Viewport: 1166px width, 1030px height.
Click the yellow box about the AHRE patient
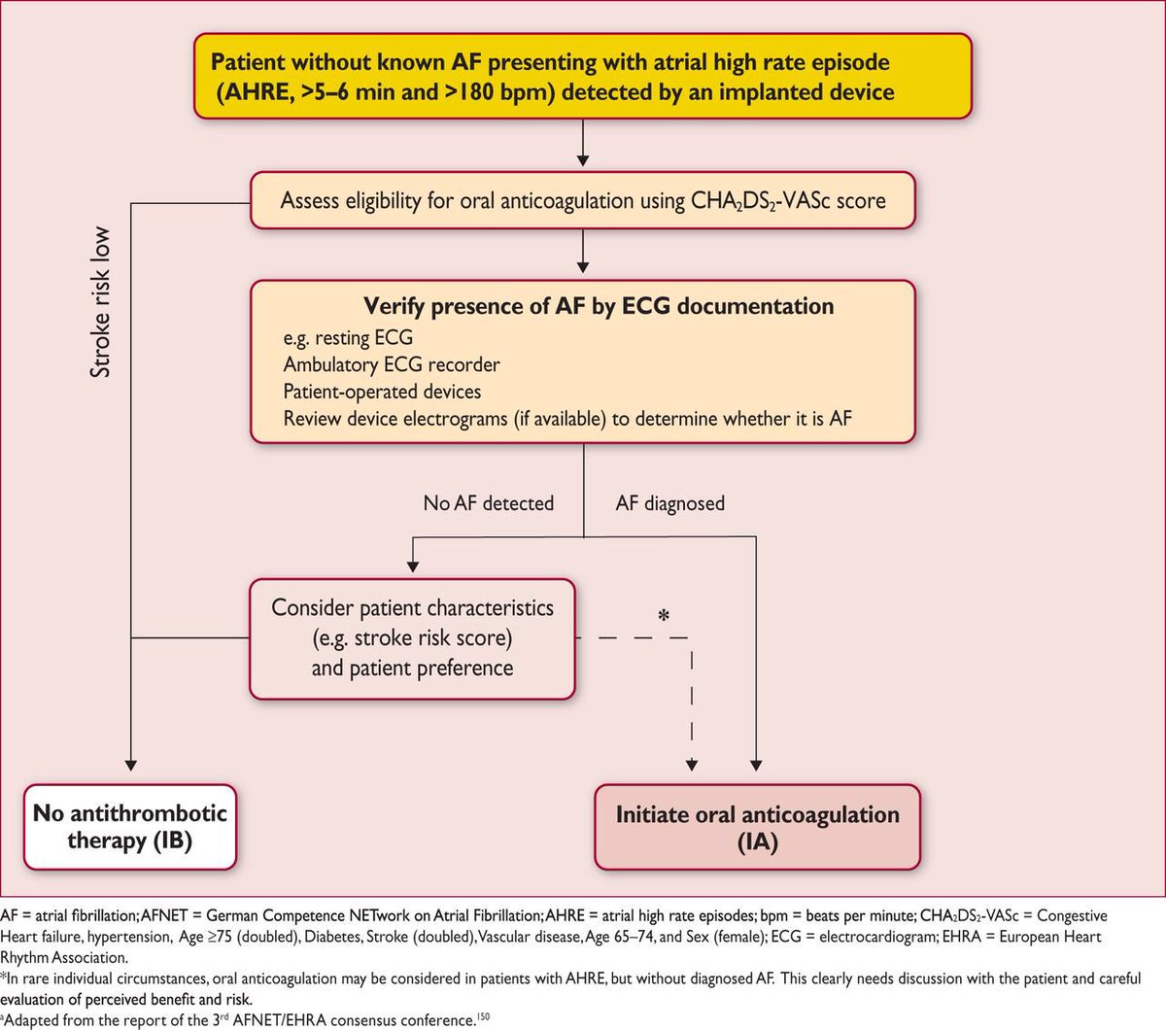(582, 77)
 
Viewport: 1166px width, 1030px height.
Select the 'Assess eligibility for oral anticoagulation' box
(582, 200)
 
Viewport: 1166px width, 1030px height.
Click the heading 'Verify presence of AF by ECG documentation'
(599, 306)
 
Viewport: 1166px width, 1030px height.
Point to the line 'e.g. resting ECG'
(348, 338)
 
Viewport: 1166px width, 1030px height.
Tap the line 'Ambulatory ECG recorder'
(392, 365)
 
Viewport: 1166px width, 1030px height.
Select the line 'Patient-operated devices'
(382, 392)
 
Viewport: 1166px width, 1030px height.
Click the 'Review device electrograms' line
(567, 419)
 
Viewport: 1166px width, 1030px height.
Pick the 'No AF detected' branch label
(488, 503)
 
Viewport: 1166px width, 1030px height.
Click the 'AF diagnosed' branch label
(669, 503)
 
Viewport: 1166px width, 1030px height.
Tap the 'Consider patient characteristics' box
(412, 638)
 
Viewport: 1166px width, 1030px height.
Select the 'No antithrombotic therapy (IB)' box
(130, 827)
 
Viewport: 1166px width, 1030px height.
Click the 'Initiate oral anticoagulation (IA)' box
(757, 828)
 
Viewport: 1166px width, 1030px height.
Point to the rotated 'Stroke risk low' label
(100, 302)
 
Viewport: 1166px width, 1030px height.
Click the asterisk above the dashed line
(664, 617)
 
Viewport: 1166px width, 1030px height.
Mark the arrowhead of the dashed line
(692, 765)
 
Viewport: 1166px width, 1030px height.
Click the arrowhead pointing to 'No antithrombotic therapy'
(131, 765)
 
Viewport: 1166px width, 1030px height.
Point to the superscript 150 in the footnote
(484, 1016)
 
